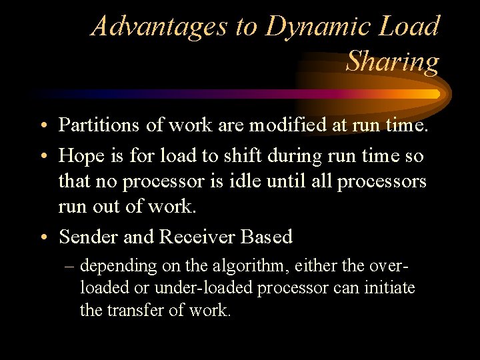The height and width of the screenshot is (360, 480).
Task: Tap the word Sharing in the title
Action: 393,61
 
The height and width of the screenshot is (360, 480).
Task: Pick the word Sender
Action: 85,237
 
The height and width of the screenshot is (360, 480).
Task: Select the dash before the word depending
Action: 70,267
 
